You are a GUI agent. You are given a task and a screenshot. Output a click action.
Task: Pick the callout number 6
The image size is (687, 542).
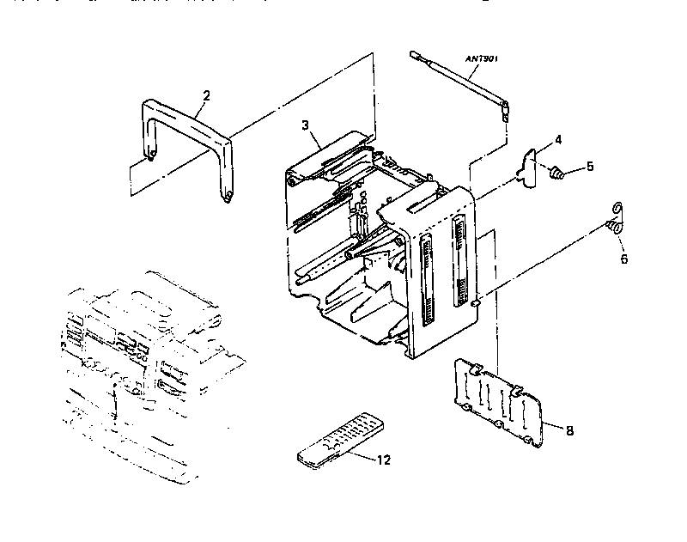(x=623, y=259)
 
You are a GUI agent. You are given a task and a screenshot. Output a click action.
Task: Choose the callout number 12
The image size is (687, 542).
(x=383, y=460)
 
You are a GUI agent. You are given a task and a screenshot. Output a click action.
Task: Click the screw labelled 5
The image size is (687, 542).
(x=556, y=174)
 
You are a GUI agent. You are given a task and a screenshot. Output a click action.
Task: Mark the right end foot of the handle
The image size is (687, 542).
(x=228, y=198)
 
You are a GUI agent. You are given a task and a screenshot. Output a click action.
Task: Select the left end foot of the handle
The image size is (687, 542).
(x=151, y=155)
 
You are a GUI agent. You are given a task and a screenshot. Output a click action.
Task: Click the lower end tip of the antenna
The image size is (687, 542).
(x=506, y=109)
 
